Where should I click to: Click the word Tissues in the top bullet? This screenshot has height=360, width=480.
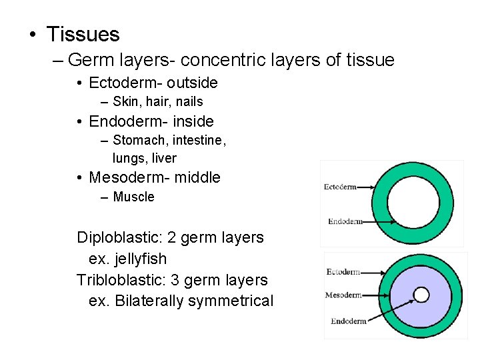(x=83, y=34)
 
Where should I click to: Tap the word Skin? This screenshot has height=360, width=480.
(x=124, y=101)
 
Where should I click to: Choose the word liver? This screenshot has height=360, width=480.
(x=164, y=158)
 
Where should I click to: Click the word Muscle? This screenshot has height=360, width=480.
(x=134, y=197)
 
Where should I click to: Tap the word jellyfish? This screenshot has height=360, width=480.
(x=141, y=259)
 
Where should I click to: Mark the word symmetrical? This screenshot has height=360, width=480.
(x=234, y=301)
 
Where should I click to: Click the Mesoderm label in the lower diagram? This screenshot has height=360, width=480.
(x=343, y=295)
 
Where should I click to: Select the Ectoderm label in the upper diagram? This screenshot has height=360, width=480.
(x=340, y=187)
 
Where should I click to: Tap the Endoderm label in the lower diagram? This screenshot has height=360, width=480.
(x=348, y=321)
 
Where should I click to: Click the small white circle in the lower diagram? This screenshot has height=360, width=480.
(x=421, y=294)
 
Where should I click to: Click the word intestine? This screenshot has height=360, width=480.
(x=199, y=140)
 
